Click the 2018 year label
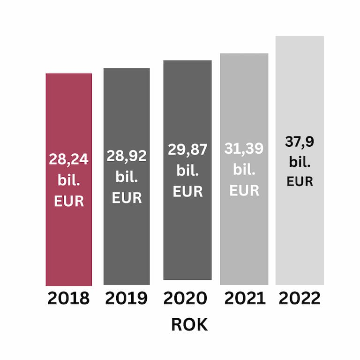[68, 299]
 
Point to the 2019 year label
[126, 299]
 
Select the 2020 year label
[186, 299]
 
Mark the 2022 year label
[300, 299]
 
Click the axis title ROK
[189, 325]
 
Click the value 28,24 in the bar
[68, 159]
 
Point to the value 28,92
[127, 156]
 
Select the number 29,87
[187, 150]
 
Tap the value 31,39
[244, 149]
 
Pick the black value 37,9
[300, 142]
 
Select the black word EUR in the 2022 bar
[300, 181]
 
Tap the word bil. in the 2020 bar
[187, 171]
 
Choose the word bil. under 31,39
[244, 170]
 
